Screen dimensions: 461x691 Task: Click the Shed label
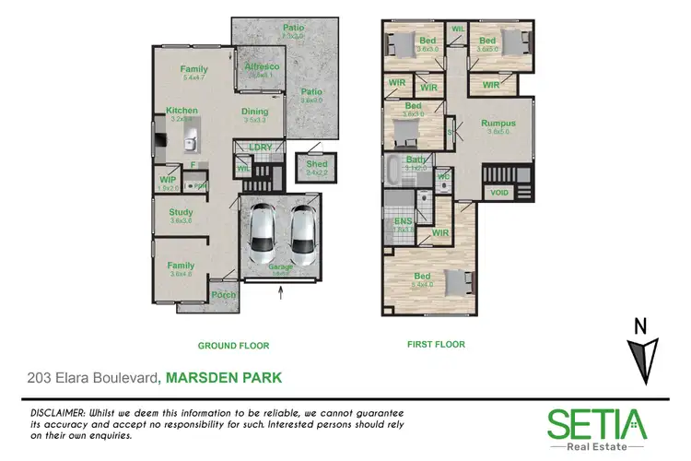[317, 165]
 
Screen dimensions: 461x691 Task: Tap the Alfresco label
[262, 67]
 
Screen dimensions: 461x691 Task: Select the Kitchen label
[182, 111]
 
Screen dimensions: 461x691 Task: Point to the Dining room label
[255, 112]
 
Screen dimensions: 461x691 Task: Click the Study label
[181, 213]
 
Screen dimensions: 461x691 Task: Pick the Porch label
[224, 295]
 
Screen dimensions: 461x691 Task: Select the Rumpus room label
[498, 124]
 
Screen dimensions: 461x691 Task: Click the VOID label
[500, 193]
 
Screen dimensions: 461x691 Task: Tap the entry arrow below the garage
[281, 294]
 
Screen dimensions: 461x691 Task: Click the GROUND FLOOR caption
[234, 346]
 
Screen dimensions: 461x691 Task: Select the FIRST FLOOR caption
[436, 345]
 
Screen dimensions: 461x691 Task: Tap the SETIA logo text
[597, 424]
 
